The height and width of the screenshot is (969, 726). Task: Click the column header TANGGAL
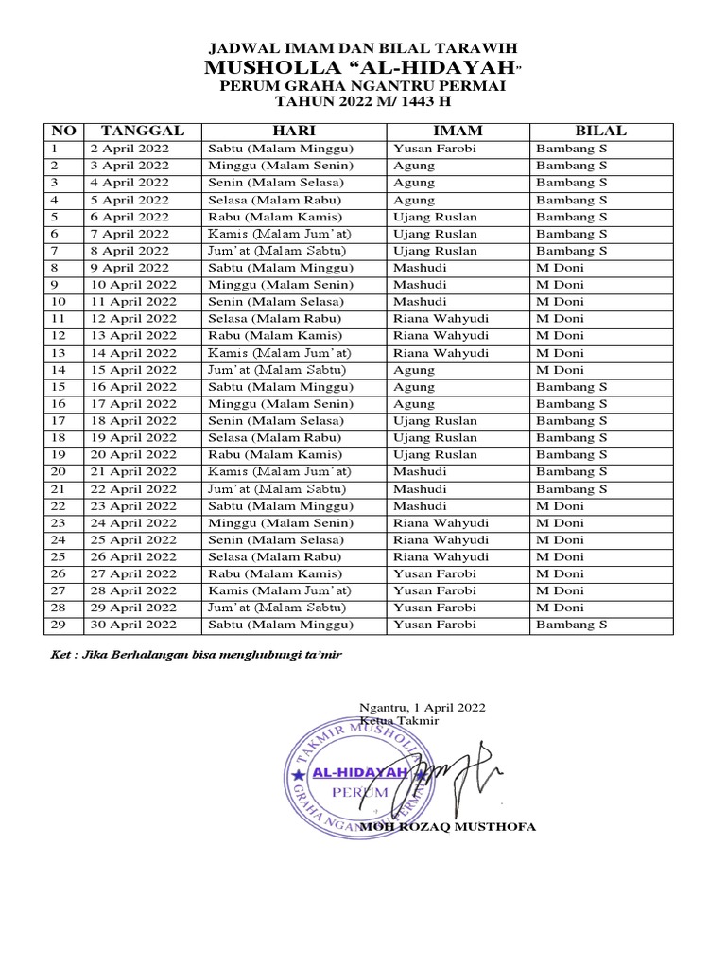[143, 131]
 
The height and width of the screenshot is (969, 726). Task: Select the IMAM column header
[458, 131]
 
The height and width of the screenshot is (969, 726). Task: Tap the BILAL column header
[600, 131]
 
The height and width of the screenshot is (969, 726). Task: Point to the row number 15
[59, 387]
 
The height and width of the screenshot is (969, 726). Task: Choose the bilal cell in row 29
[572, 625]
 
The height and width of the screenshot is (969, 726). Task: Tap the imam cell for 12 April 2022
[441, 319]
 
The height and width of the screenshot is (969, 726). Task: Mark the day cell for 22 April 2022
[275, 488]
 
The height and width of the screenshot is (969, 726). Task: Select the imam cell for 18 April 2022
[435, 421]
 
